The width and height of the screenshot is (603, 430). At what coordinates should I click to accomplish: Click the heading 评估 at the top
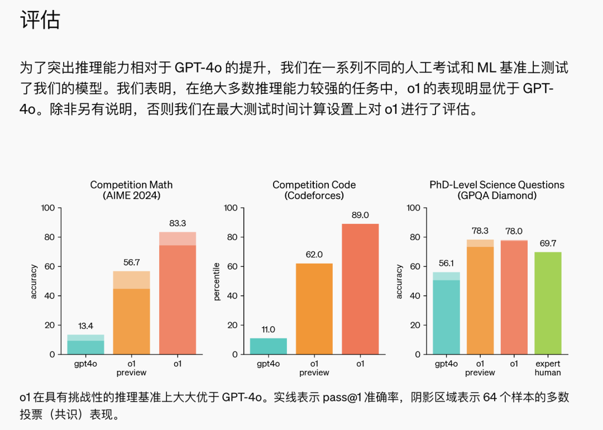(40, 21)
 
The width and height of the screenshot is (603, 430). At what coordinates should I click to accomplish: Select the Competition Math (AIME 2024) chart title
(131, 190)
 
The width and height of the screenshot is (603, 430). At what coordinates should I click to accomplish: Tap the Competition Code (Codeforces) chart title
(314, 190)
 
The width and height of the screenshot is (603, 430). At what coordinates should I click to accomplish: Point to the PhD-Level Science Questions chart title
(496, 184)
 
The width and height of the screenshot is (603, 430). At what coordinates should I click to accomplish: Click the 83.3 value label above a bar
(178, 223)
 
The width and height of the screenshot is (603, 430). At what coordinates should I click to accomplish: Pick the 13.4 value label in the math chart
(85, 326)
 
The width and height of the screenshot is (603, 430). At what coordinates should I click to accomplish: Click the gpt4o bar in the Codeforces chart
(268, 346)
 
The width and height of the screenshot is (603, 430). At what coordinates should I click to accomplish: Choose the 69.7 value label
(548, 243)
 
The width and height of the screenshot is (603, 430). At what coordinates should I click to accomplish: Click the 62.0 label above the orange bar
(314, 255)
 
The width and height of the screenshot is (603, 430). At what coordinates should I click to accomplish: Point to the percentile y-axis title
(217, 281)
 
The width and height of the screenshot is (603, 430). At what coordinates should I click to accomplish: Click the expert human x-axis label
(548, 368)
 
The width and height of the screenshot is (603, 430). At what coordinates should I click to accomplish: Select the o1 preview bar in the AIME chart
(131, 313)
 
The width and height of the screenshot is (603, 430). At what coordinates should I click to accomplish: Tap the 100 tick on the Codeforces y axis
(231, 208)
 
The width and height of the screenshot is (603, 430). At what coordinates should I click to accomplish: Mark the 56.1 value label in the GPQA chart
(446, 264)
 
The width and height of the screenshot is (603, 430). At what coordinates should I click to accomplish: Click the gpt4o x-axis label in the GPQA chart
(446, 364)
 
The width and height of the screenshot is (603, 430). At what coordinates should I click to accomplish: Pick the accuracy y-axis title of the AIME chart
(34, 281)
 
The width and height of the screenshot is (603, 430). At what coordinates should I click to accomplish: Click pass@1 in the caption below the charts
(341, 398)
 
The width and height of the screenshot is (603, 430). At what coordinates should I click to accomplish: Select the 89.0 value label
(360, 215)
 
